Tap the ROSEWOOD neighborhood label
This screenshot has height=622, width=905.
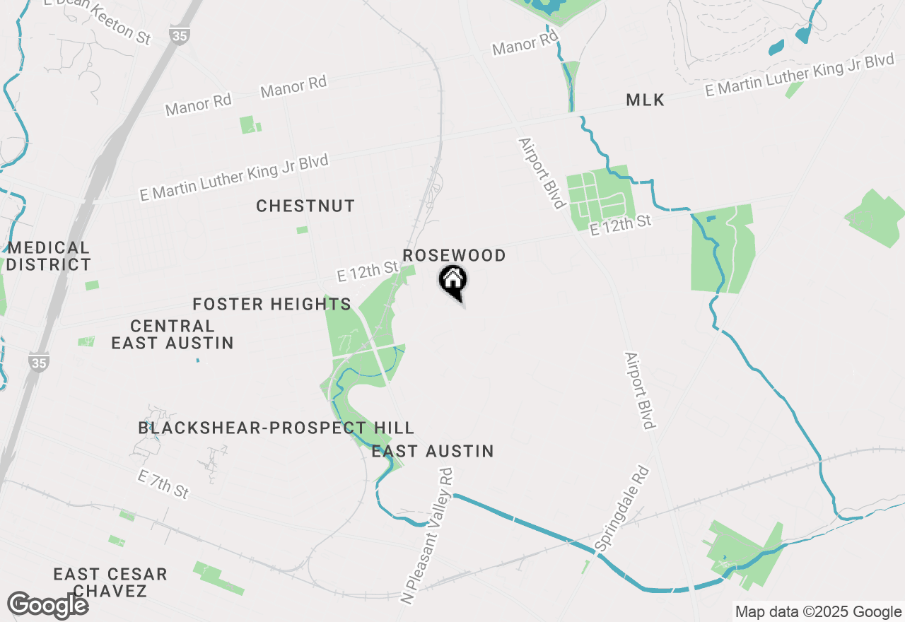[454, 255]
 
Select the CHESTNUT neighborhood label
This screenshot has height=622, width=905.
[305, 206]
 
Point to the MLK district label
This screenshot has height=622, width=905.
[645, 100]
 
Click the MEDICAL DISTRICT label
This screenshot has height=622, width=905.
[49, 257]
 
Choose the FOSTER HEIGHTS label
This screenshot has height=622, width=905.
[272, 305]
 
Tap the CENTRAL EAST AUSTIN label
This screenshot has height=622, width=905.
[173, 335]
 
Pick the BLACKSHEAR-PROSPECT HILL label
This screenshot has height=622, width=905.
[276, 428]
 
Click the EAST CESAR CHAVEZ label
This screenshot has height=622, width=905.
[110, 582]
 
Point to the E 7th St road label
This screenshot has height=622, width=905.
[163, 485]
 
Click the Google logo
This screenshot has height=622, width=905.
[48, 606]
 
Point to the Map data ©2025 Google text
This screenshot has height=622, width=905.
[818, 612]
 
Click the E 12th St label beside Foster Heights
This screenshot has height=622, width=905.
[368, 271]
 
